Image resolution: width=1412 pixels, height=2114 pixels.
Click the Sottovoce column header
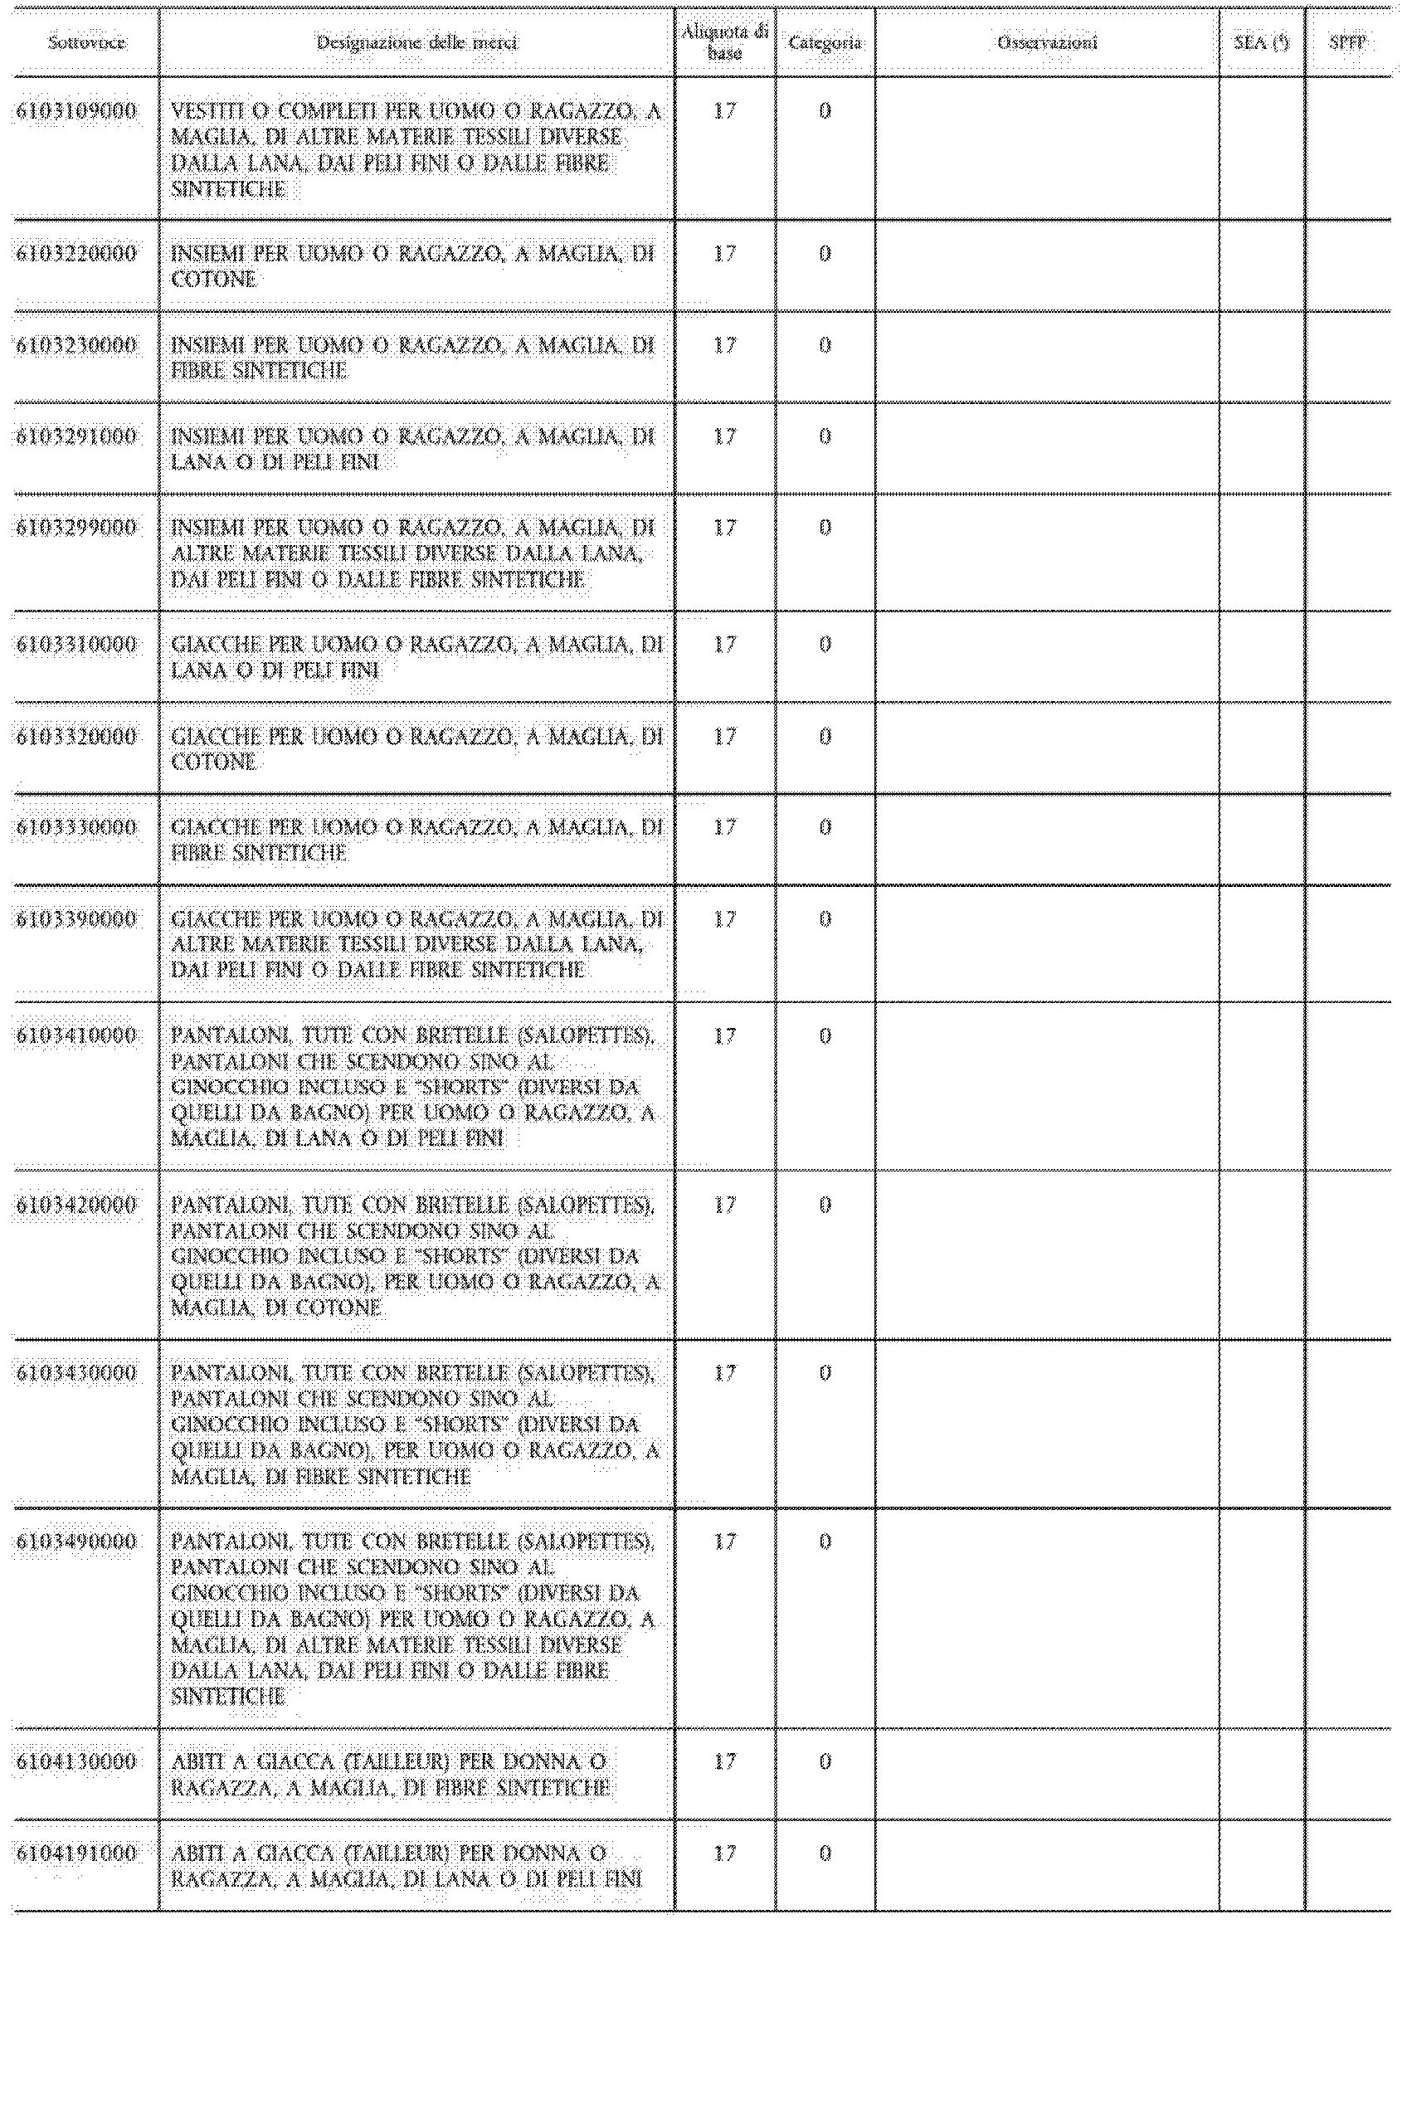click(x=86, y=43)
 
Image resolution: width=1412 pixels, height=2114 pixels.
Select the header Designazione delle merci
click(x=417, y=43)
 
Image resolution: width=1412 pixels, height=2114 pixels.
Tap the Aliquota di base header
click(x=725, y=43)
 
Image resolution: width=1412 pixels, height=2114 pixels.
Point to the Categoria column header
click(x=825, y=43)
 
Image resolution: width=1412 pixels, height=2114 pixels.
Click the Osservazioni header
click(x=1046, y=43)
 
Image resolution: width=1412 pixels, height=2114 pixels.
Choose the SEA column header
click(x=1262, y=43)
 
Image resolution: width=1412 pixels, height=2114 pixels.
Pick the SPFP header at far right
click(x=1348, y=43)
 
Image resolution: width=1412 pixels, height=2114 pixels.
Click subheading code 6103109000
click(x=76, y=112)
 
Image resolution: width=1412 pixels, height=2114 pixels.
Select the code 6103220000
click(x=76, y=254)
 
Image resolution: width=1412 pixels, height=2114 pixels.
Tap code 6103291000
click(x=76, y=436)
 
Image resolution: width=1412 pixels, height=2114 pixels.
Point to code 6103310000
click(x=76, y=645)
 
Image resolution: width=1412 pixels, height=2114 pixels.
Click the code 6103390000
click(x=76, y=919)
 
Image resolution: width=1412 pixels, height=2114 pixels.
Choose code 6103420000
click(x=76, y=1206)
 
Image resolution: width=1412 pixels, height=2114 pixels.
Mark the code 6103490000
click(x=76, y=1542)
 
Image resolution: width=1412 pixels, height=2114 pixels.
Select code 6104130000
click(x=76, y=1762)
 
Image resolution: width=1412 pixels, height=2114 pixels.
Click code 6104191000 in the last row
click(x=76, y=1853)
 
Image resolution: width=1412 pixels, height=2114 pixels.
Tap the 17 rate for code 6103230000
click(x=725, y=346)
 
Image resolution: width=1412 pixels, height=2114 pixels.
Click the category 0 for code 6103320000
click(x=825, y=738)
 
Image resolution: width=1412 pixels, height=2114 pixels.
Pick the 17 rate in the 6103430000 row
click(x=725, y=1374)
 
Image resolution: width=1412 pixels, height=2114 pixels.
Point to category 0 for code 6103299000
click(x=825, y=528)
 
